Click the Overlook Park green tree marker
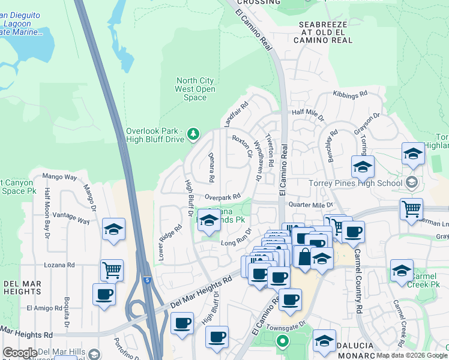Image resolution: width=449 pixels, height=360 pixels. [193, 133]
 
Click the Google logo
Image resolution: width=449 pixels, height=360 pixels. [19, 353]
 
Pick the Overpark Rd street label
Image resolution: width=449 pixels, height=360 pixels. [222, 196]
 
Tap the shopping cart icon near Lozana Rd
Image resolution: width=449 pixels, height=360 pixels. [112, 269]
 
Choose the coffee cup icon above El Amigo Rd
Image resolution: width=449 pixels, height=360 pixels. [104, 294]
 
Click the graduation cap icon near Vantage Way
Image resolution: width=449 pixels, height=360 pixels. [113, 229]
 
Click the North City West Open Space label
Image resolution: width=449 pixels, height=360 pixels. [194, 89]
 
